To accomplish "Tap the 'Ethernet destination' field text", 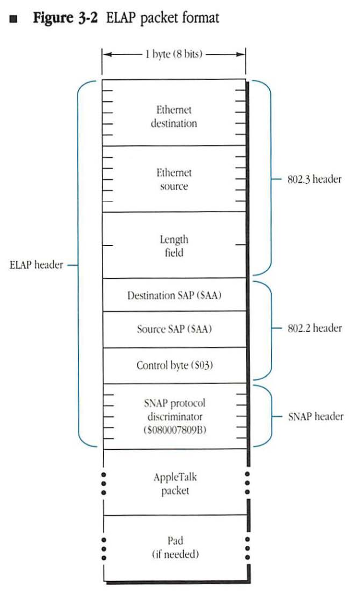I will click(174, 117).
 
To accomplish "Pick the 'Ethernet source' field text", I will click(174, 179).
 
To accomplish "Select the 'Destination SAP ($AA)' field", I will click(174, 295).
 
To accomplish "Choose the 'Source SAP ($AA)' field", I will click(174, 330).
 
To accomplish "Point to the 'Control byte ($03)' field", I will click(174, 366).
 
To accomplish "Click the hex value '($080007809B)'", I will click(174, 431).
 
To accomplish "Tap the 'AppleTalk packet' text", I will click(174, 484).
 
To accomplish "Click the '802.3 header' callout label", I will click(314, 179).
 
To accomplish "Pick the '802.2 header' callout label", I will click(314, 329).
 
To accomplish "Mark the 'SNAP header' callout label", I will click(315, 416).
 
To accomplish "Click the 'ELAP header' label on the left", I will click(36, 265).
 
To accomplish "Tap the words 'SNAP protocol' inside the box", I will click(174, 404).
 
